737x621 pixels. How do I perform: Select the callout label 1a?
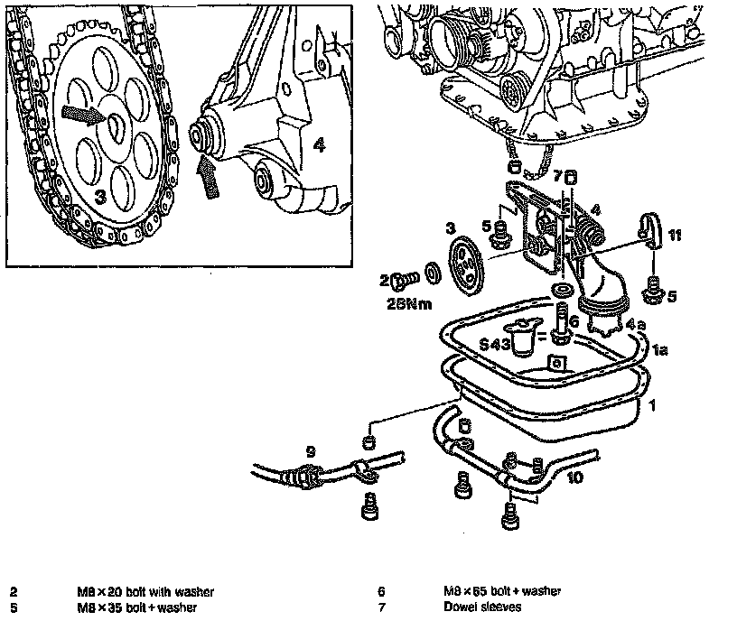click(x=659, y=348)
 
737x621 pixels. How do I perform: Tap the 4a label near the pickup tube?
click(x=635, y=323)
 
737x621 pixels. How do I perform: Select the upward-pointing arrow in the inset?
click(x=208, y=174)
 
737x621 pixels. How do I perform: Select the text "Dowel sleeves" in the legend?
click(x=481, y=607)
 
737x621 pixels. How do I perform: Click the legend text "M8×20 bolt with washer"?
click(x=145, y=592)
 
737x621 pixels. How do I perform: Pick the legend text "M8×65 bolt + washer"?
click(x=501, y=591)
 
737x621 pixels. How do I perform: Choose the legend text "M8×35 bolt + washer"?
click(x=136, y=607)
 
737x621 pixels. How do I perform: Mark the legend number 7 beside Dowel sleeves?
click(x=382, y=607)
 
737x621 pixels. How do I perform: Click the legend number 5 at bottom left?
click(x=14, y=607)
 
